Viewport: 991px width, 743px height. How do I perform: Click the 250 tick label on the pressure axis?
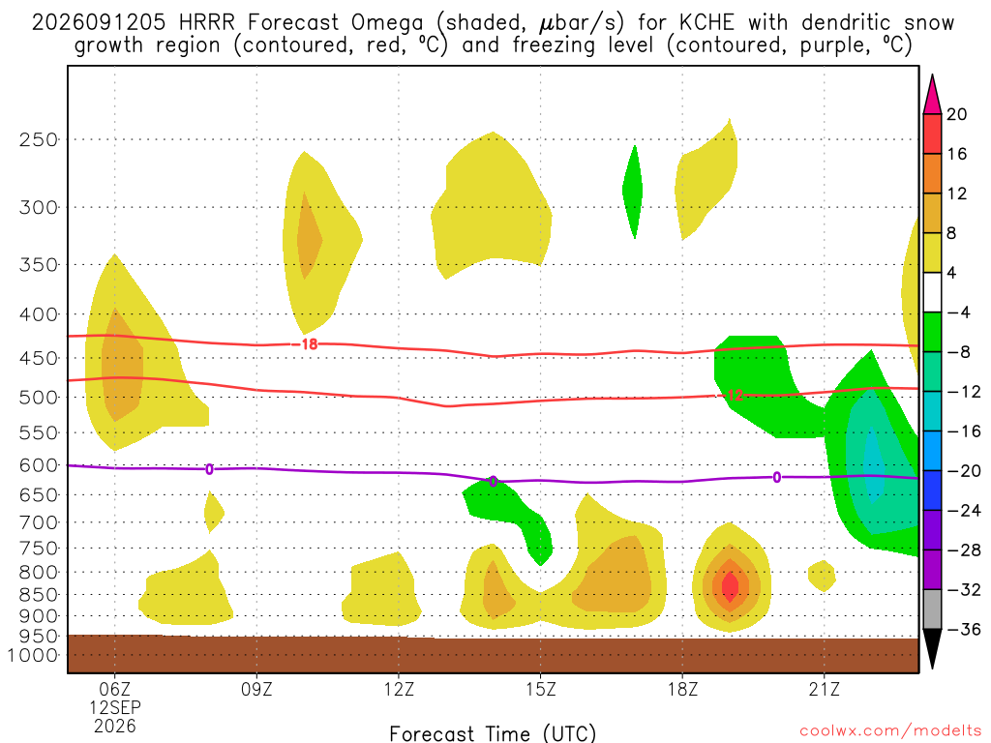point(38,139)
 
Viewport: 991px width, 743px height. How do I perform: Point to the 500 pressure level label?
point(38,398)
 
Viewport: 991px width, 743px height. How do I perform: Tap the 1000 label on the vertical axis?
point(32,655)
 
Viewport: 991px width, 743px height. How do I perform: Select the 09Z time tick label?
point(256,689)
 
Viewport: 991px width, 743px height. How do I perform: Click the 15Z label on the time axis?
point(540,689)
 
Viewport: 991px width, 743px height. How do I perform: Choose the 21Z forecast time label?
point(825,689)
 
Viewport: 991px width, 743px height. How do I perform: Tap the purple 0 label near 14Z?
point(493,482)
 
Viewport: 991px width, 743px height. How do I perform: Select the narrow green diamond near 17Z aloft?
point(633,192)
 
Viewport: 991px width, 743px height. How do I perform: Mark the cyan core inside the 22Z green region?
point(873,465)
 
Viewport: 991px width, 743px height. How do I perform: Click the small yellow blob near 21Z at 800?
point(823,576)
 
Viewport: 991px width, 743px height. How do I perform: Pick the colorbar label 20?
point(956,114)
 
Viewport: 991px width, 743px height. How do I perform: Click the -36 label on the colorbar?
point(964,629)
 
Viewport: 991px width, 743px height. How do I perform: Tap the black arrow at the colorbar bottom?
point(932,647)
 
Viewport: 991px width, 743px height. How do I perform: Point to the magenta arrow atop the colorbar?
point(932,96)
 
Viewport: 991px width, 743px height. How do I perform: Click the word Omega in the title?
point(387,23)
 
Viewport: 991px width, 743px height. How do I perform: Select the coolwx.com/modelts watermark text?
point(890,731)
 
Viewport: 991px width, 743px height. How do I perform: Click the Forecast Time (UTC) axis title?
point(493,733)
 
